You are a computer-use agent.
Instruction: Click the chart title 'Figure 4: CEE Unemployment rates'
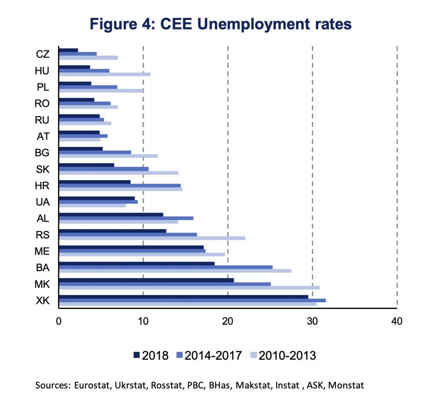point(220,24)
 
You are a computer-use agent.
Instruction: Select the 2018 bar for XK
point(183,296)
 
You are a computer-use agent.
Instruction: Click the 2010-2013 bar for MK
point(189,287)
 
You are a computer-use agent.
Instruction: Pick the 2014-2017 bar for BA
point(166,267)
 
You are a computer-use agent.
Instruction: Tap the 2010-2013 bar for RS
point(152,238)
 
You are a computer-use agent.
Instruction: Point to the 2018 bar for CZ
point(68,50)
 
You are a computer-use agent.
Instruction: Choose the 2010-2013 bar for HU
point(105,74)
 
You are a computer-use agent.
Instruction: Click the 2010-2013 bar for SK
point(119,172)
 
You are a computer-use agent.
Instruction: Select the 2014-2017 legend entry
point(210,355)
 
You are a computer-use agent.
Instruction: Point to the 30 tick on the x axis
point(312,321)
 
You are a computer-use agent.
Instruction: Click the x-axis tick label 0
point(59,321)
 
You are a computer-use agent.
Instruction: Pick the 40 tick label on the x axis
point(397,321)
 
